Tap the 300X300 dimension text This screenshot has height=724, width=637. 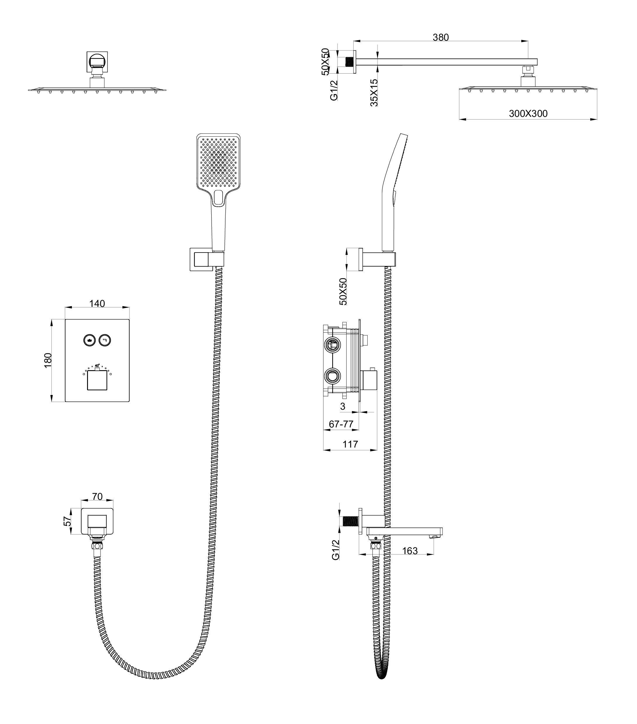point(528,114)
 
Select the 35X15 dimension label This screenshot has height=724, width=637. point(374,93)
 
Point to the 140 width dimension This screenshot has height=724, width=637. point(97,304)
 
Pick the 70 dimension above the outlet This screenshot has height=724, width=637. point(97,496)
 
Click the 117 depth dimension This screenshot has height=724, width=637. point(350,444)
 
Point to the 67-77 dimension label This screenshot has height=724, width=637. point(341,424)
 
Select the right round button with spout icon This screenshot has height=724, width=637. point(105,340)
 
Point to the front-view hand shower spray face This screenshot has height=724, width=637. point(218,161)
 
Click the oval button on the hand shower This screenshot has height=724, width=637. point(218,197)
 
